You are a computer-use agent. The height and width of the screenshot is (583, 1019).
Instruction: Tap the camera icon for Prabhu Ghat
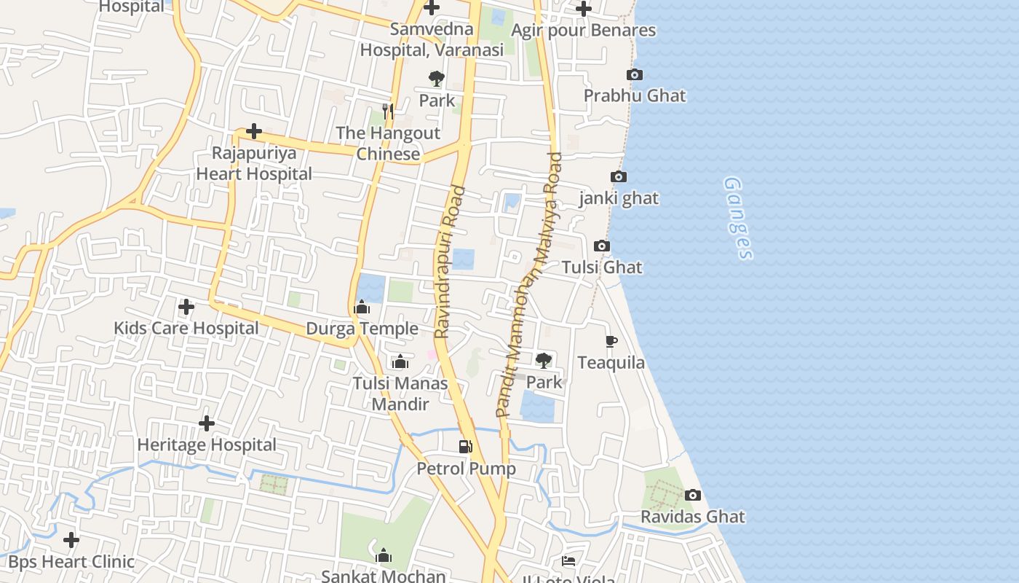click(635, 74)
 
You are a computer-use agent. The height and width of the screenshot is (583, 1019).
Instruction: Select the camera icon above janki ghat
click(619, 177)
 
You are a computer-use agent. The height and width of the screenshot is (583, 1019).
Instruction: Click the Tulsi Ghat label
click(602, 267)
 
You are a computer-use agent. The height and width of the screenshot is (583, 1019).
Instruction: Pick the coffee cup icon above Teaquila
click(611, 341)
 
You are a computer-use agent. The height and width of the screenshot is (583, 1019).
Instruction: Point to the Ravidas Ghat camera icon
click(693, 496)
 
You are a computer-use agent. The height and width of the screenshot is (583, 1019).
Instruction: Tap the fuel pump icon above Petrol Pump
click(465, 446)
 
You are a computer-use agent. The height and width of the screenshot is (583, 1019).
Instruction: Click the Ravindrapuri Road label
click(450, 262)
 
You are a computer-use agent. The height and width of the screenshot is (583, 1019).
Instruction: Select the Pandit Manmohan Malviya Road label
click(530, 284)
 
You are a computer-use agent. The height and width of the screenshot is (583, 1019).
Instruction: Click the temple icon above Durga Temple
click(362, 308)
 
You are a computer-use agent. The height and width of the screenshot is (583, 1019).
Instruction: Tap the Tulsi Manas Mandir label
click(400, 394)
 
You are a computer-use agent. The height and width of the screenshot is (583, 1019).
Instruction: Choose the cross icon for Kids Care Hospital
click(186, 307)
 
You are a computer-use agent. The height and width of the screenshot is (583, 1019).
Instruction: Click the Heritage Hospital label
click(207, 445)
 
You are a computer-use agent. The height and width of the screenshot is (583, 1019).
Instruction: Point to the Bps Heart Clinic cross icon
click(71, 540)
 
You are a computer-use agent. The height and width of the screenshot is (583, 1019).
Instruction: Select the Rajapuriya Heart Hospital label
click(254, 164)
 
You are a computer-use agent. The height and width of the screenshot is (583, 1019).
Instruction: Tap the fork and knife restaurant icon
click(388, 111)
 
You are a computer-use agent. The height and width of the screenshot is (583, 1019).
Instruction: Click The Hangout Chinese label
click(388, 144)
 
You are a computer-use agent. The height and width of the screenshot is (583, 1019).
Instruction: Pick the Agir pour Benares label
click(584, 31)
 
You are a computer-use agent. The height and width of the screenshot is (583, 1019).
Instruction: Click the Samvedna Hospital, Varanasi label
click(432, 40)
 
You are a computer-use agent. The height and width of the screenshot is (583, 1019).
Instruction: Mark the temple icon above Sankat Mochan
click(384, 556)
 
